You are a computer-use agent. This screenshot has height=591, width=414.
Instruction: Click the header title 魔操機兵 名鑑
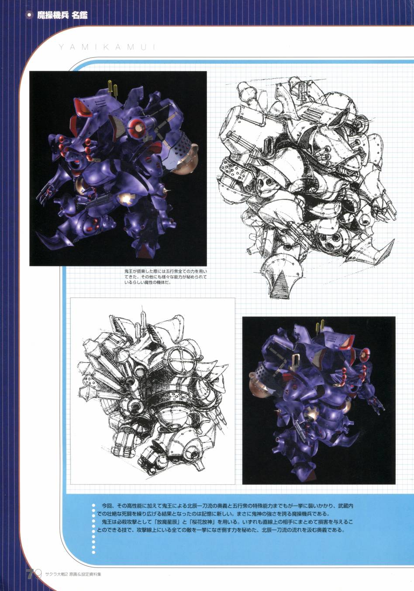[62, 15]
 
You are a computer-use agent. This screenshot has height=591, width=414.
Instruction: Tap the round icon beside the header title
[29, 15]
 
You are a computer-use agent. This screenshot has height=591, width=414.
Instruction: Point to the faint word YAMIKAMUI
[107, 47]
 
